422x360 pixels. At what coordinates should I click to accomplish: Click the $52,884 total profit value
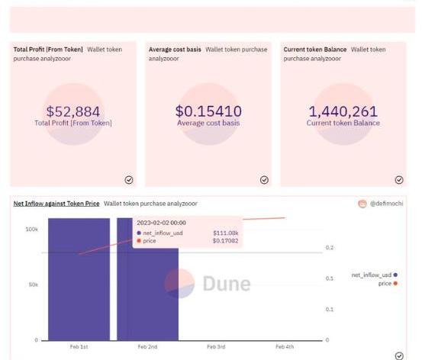point(73,111)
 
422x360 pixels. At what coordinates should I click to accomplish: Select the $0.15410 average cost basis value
point(208,111)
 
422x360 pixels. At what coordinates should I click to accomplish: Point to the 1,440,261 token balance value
point(343,111)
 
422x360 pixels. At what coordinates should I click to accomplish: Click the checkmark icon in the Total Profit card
point(129,180)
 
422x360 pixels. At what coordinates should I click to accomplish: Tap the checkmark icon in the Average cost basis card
point(264,180)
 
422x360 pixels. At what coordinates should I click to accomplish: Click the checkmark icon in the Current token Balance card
point(399,180)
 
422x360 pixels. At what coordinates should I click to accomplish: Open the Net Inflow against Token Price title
point(56,204)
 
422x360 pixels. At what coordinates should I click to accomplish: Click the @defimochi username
point(386,204)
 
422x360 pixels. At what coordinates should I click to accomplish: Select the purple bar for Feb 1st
point(79,279)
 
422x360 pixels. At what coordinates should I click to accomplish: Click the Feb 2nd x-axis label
point(147,347)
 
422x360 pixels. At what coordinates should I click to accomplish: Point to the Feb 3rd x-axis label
point(216,347)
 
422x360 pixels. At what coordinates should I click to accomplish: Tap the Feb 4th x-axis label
point(285,347)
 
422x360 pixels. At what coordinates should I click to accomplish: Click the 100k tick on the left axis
point(32,230)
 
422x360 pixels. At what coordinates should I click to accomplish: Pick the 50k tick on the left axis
point(34,284)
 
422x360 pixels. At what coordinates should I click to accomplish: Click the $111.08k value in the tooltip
point(226,233)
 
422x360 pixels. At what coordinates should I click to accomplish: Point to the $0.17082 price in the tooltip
point(226,241)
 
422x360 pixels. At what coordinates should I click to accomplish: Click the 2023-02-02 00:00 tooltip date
point(161,223)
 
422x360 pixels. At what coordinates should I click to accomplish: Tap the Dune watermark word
point(227,284)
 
